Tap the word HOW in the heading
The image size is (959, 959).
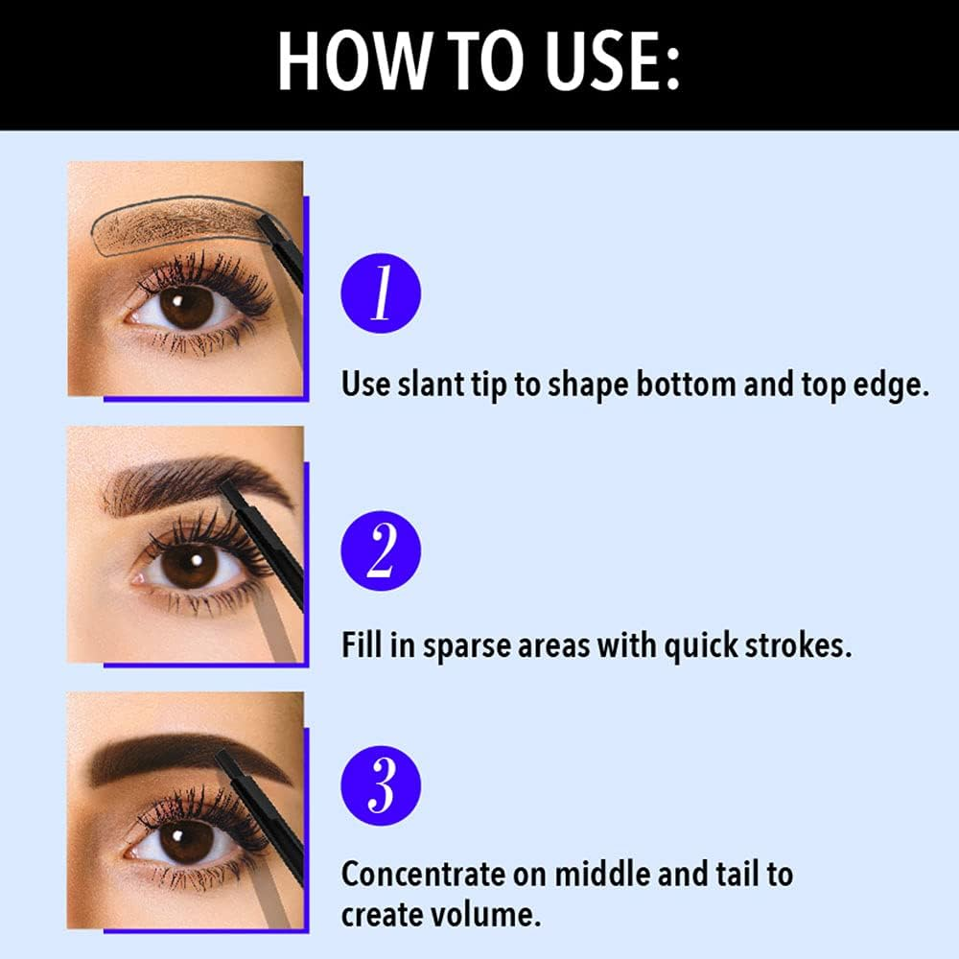pyautogui.click(x=350, y=60)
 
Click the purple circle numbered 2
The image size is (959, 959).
pyautogui.click(x=381, y=550)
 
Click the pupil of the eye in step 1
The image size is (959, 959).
pyautogui.click(x=186, y=307)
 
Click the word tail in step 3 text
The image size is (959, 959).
pyautogui.click(x=736, y=874)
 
